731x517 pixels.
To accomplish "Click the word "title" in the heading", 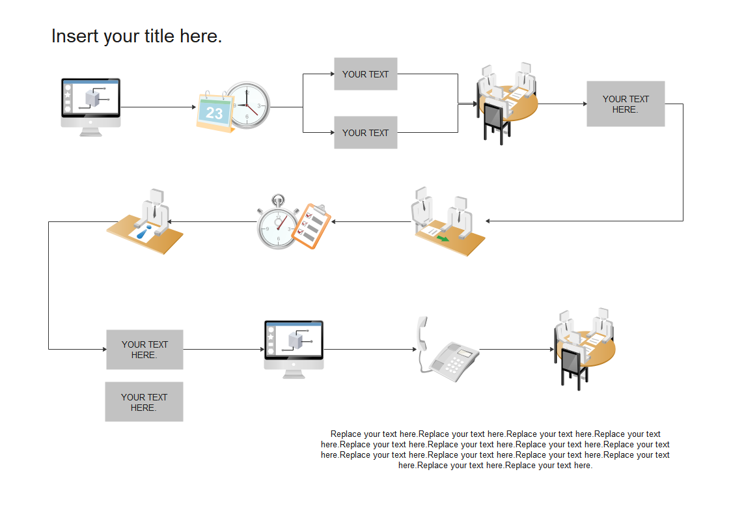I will coord(157,36).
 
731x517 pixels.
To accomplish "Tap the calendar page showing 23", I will coord(214,113).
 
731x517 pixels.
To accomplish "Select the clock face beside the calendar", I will coord(248,105).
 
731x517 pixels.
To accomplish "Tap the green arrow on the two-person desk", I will coord(443,239).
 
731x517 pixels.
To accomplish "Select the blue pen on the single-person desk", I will coord(143,232).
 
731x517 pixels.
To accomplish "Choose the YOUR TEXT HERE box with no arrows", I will coord(144,402).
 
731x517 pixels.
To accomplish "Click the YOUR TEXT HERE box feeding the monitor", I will coord(145,350).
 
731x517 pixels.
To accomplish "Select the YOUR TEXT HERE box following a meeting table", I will coord(626,104).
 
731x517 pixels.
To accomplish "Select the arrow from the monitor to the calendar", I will coord(158,107).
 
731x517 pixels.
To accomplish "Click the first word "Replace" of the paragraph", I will coord(346,434).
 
